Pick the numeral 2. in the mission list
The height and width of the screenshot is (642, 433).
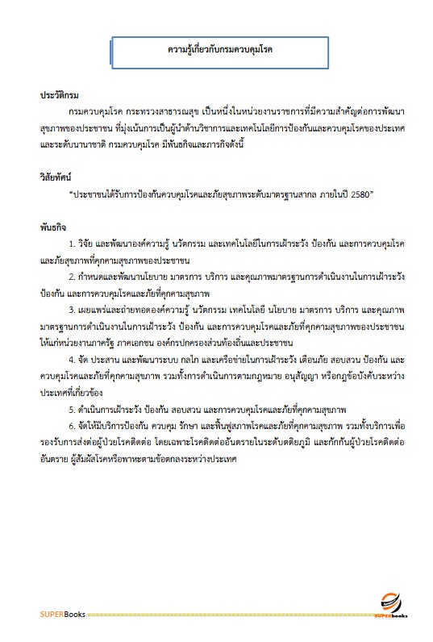(73, 276)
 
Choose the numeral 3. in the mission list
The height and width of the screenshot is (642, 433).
(73, 309)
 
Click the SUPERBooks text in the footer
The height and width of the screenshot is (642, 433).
(61, 615)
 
